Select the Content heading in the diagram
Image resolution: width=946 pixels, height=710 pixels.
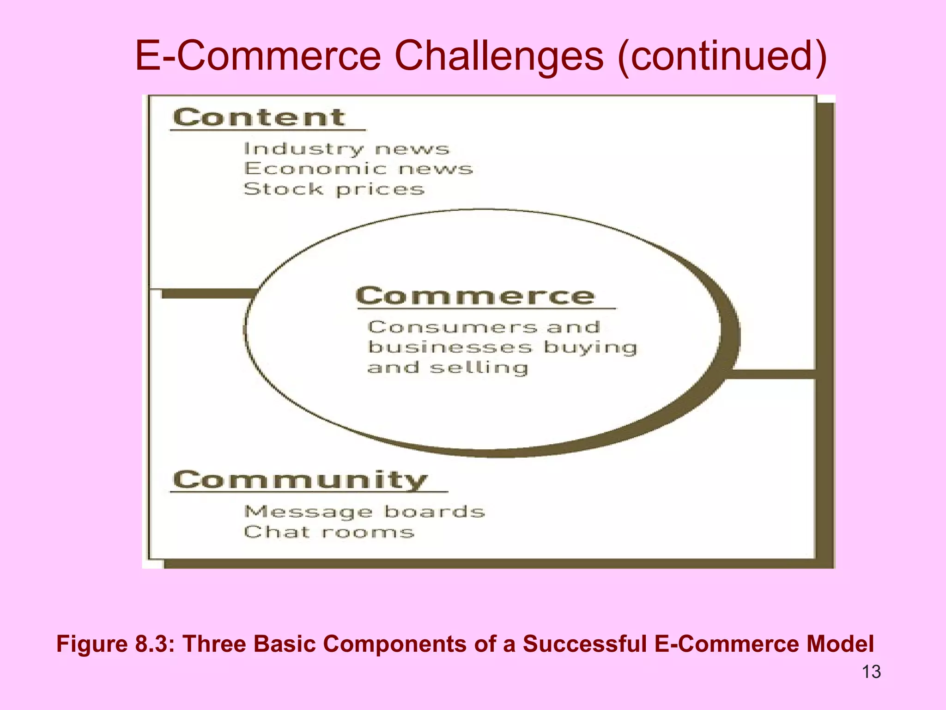coord(259,117)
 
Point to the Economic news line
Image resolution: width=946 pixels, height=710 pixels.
coord(358,169)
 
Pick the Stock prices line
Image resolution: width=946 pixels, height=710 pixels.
coord(334,189)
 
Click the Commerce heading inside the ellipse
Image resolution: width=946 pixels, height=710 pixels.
coord(475,296)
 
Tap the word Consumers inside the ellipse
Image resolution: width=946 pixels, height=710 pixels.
coord(452,327)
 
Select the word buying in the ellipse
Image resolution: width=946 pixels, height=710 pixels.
coord(590,348)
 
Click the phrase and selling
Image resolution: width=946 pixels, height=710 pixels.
coord(448,368)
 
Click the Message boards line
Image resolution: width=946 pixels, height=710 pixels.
coord(364,512)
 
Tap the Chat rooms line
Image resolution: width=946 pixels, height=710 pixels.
coord(329,532)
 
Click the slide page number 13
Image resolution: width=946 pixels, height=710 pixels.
coord(871,672)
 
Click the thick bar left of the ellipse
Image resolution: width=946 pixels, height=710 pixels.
coord(208,294)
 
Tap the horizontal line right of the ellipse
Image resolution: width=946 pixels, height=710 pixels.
coord(771,374)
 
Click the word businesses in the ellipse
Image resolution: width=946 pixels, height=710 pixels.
coord(450,348)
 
